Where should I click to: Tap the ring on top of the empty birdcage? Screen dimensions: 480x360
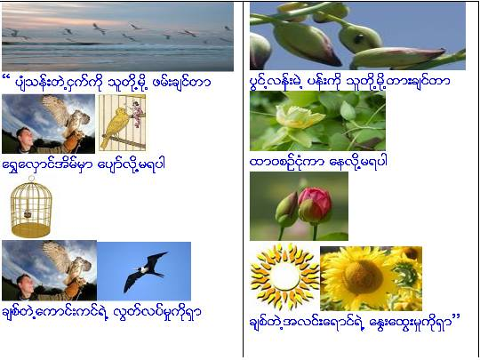pyautogui.click(x=31, y=179)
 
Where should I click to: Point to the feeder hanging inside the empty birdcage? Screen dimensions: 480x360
pyautogui.click(x=28, y=214)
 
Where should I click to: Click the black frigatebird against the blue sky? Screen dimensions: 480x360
pyautogui.click(x=146, y=271)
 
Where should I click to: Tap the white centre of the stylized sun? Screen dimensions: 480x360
pyautogui.click(x=285, y=276)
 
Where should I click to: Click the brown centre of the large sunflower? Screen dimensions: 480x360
pyautogui.click(x=363, y=277)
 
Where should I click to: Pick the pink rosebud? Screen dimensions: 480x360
pyautogui.click(x=315, y=205)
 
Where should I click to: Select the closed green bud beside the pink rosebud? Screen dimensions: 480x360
pyautogui.click(x=286, y=210)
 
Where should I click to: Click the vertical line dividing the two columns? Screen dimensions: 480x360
pyautogui.click(x=243, y=180)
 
